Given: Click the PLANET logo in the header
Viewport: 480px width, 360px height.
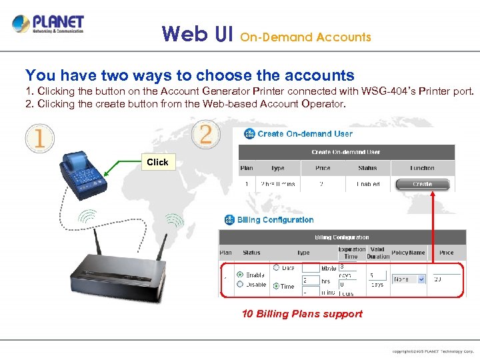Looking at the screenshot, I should point(48,25).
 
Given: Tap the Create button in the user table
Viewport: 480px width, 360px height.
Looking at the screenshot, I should point(422,184).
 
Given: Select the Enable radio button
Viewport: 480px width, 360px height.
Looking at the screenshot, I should point(240,274).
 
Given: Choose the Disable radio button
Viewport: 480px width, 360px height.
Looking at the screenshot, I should point(240,284).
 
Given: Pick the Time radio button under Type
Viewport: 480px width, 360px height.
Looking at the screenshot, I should point(276,285).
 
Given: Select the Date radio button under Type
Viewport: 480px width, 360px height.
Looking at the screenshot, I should point(276,268).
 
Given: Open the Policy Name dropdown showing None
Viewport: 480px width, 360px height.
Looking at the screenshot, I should point(408,279).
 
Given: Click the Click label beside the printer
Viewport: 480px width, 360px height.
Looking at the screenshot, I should point(157,162).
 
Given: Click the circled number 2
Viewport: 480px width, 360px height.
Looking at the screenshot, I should point(206,134).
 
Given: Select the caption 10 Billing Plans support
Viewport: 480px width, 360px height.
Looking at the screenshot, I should point(302,314).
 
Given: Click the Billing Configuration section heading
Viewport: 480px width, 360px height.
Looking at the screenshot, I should point(275,220).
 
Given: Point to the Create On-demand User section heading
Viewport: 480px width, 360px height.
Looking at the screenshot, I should point(305,133).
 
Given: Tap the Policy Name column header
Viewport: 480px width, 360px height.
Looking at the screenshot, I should point(408,253).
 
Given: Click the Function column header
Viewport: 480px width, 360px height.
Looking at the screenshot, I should point(422,168).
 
